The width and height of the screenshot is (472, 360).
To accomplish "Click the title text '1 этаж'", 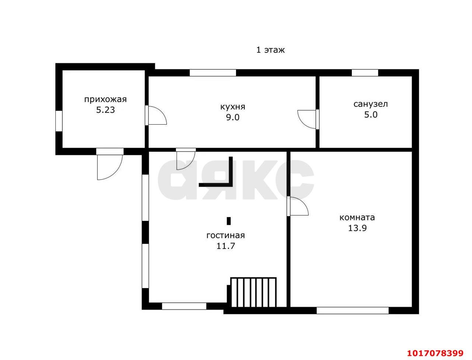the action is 270,50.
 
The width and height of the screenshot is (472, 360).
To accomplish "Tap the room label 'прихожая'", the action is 105,100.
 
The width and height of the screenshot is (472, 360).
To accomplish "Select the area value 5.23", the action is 105,110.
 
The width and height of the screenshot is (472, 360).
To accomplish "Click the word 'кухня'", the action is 233,107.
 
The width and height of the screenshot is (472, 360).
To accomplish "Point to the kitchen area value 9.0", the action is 233,117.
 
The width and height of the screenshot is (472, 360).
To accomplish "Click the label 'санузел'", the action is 371,104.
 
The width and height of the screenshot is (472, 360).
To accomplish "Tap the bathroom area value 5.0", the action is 371,115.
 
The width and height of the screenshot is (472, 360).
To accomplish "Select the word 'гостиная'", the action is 226,235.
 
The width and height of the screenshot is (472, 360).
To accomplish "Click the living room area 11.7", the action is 226,246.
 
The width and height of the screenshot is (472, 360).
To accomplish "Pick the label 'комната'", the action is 357,217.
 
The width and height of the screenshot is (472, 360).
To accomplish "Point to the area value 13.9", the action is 357,228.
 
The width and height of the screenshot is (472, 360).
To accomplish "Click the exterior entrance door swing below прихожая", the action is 110,167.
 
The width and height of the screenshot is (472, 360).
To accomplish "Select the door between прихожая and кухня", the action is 157,115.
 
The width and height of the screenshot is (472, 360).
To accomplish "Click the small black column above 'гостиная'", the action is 229,221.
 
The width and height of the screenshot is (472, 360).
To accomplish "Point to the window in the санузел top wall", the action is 365,73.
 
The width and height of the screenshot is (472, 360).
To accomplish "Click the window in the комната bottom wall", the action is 353,311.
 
